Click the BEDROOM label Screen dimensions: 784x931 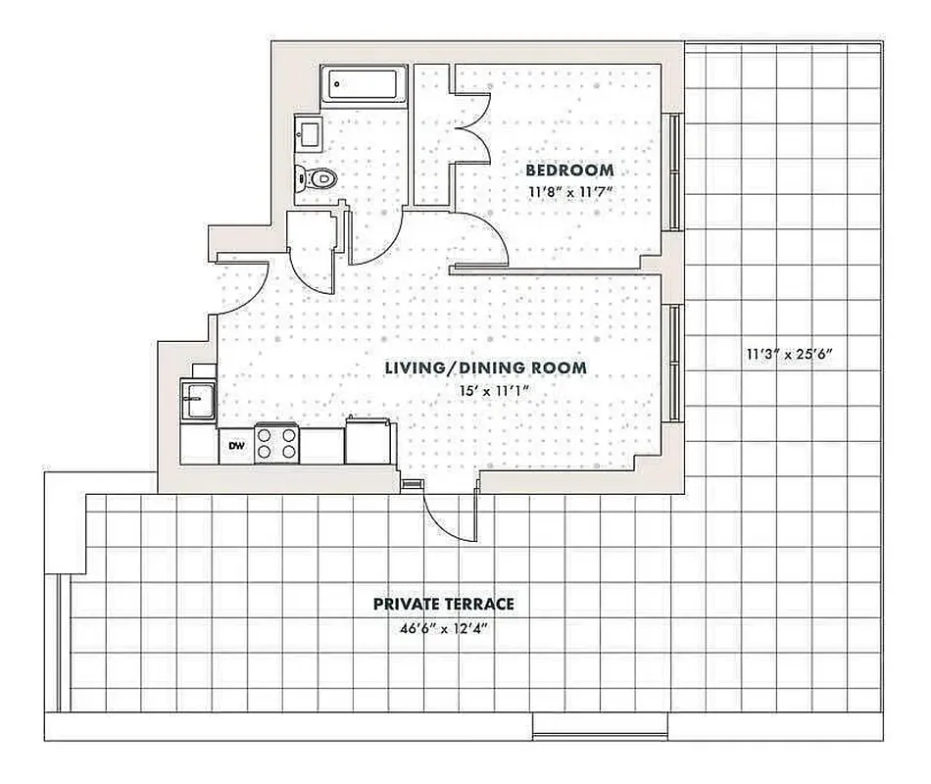(x=571, y=170)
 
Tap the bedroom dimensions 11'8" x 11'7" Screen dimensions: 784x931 (x=571, y=191)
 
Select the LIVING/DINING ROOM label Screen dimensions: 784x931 (x=485, y=367)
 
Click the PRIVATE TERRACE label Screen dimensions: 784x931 (x=444, y=604)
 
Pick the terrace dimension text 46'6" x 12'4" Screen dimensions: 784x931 (x=444, y=627)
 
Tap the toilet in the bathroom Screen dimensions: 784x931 (x=317, y=177)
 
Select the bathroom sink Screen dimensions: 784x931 (x=308, y=131)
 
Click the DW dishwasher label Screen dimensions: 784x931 (x=236, y=447)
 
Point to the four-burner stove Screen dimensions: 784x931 (x=277, y=443)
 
